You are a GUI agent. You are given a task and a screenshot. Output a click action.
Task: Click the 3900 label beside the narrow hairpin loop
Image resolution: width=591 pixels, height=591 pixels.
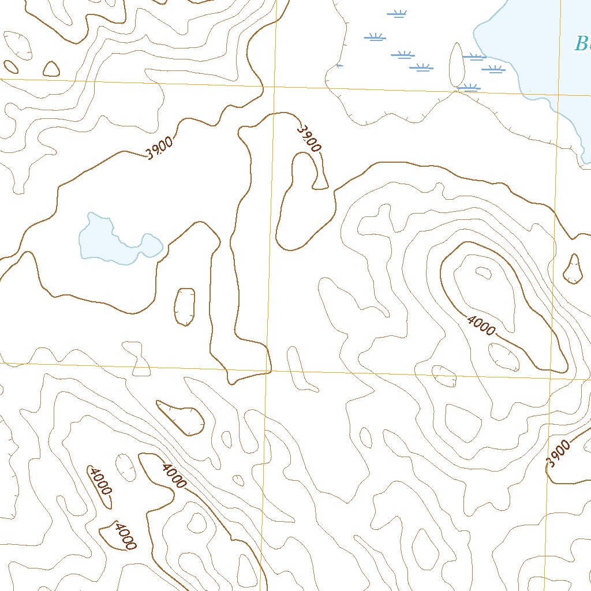click(x=308, y=139)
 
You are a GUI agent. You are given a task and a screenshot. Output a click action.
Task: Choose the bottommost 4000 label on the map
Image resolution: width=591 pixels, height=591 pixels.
click(x=125, y=536)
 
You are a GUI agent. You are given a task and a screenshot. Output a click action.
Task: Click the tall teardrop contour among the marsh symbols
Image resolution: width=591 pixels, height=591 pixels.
click(x=457, y=65)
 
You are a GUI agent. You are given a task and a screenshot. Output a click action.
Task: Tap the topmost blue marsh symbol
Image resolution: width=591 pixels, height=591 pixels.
click(x=397, y=13)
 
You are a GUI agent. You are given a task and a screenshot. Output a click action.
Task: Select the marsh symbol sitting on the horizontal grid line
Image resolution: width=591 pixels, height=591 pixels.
click(x=468, y=88)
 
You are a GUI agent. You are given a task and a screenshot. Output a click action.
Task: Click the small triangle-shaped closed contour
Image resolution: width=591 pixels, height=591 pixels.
click(x=51, y=69)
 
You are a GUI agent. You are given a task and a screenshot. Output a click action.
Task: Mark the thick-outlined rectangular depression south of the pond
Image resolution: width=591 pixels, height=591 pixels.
click(x=185, y=306)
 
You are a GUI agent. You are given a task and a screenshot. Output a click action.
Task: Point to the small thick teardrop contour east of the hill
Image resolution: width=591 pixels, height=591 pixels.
click(x=573, y=270)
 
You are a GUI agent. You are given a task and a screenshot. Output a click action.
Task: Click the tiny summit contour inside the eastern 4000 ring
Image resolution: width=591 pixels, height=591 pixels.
click(x=481, y=272)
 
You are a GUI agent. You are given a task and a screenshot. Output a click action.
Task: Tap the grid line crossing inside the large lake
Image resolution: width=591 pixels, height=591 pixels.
click(x=559, y=95)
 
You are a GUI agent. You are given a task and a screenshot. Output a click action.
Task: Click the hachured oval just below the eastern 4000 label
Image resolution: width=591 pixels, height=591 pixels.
click(x=503, y=357)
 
